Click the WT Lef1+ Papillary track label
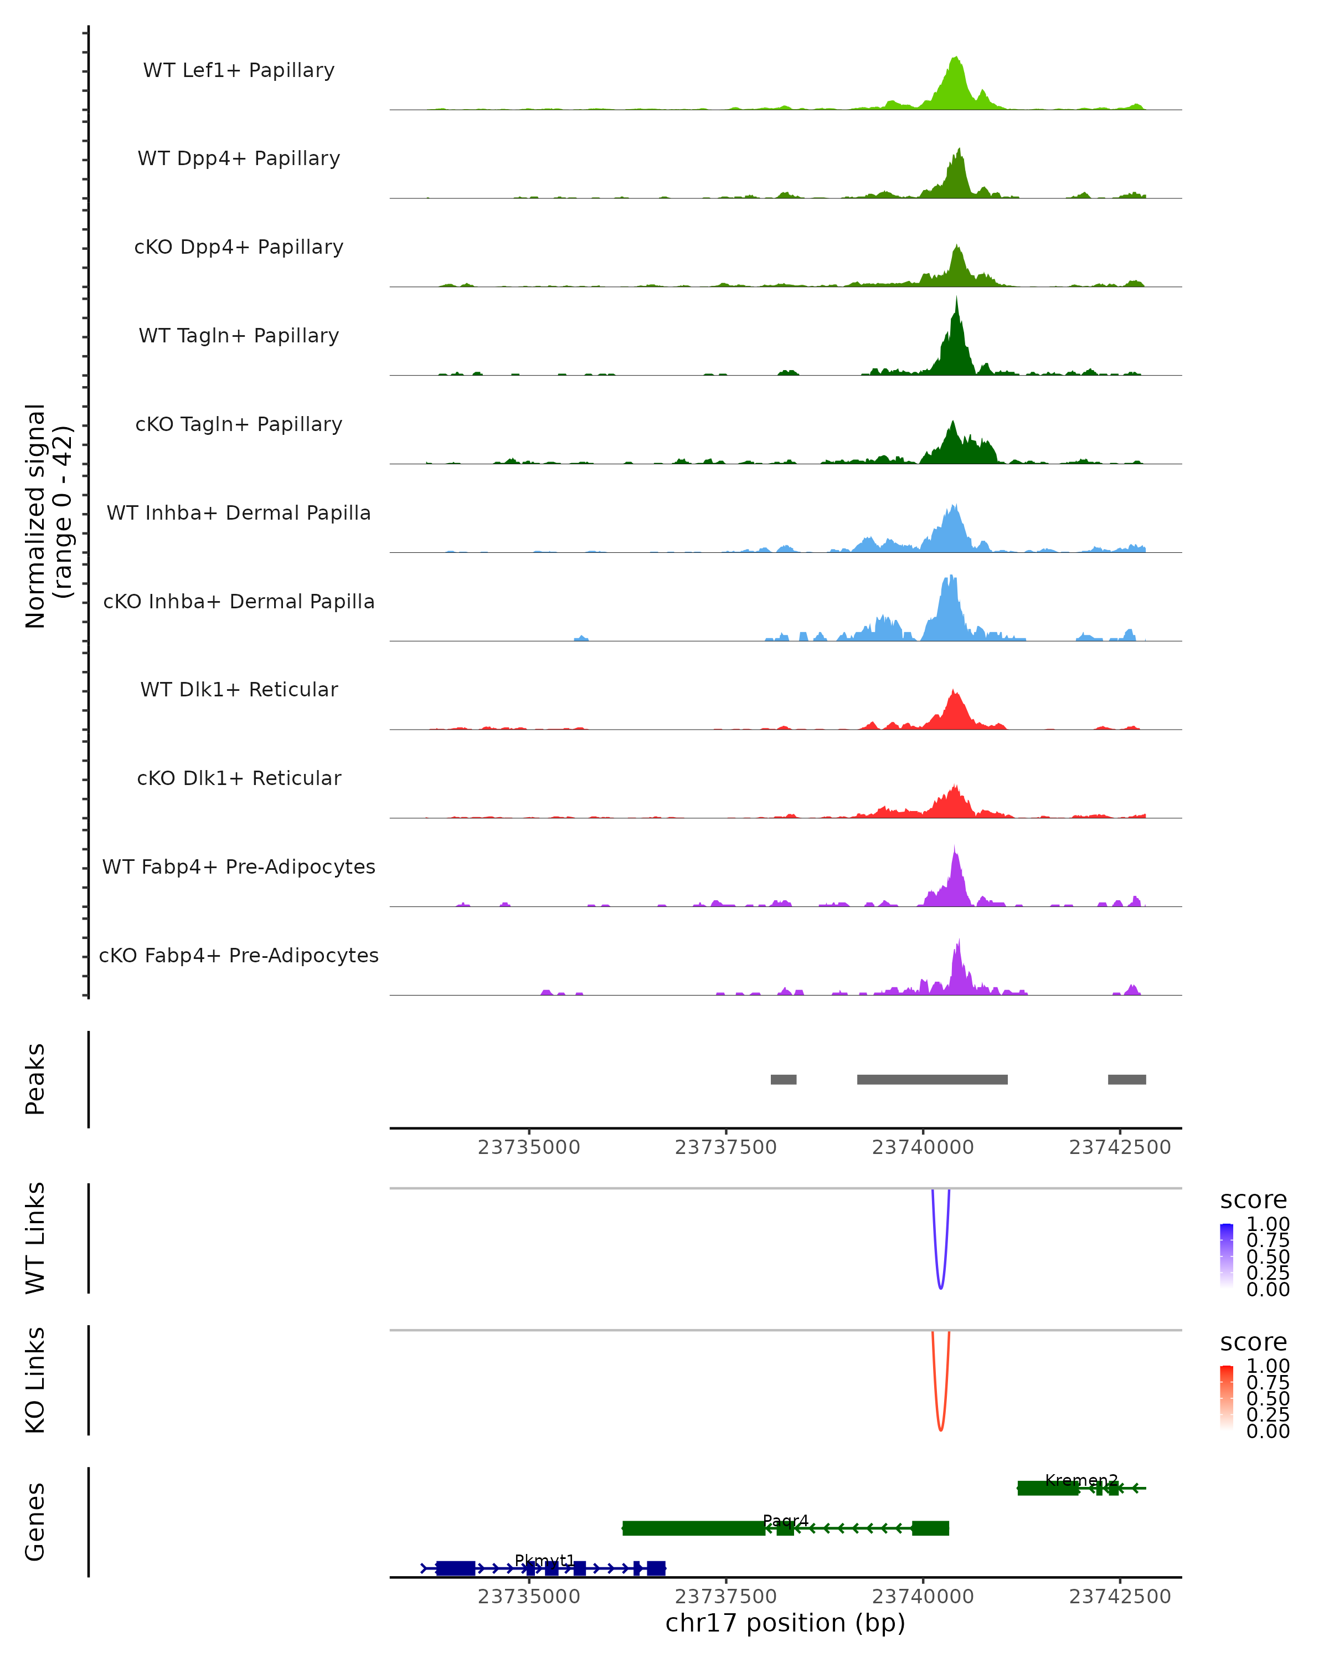[239, 70]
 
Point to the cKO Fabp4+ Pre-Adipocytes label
[239, 955]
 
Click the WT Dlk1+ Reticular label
[239, 689]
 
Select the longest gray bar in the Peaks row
[931, 1079]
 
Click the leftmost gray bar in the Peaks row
[783, 1079]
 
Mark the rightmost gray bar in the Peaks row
[1126, 1079]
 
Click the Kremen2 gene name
[1081, 1480]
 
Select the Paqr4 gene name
[785, 1521]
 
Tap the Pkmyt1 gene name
[545, 1560]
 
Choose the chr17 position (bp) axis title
[785, 1623]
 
